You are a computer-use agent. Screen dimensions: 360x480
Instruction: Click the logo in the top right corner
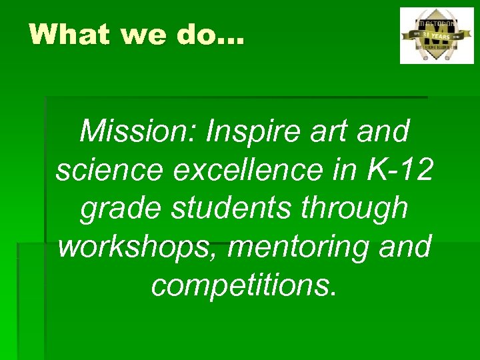click(x=437, y=35)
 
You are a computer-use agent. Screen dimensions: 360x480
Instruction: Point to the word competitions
click(x=244, y=284)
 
